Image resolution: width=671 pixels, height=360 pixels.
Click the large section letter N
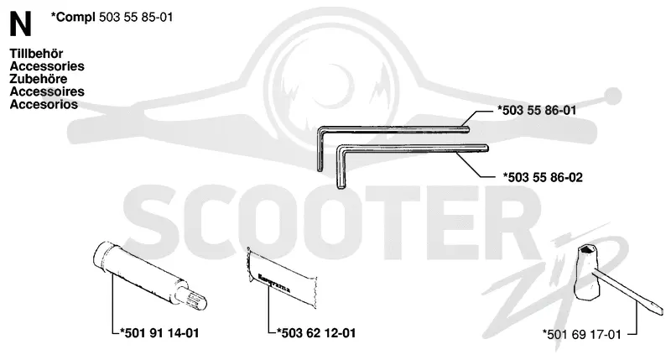coord(20,24)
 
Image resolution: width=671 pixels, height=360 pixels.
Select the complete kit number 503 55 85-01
coord(136,17)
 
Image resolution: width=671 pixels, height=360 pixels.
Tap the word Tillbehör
coord(36,54)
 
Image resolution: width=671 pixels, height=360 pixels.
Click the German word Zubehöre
coord(39,79)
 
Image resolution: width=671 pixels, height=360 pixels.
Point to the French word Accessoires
coord(47,91)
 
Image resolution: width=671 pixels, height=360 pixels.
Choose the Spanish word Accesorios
coord(44,104)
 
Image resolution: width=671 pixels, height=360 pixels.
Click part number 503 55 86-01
coord(537,111)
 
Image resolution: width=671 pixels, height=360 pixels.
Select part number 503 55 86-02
coord(543,177)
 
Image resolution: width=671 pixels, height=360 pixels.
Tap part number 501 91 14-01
coord(159,333)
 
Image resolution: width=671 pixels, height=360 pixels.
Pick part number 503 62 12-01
coord(316,333)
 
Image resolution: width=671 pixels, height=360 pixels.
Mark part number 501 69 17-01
coord(581,334)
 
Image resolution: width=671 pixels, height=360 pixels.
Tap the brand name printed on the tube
coord(274,283)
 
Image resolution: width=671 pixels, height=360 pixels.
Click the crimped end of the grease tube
coord(248,266)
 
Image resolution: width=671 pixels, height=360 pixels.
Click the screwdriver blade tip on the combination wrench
coord(658,310)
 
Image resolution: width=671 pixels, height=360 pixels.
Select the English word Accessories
coord(47,66)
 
